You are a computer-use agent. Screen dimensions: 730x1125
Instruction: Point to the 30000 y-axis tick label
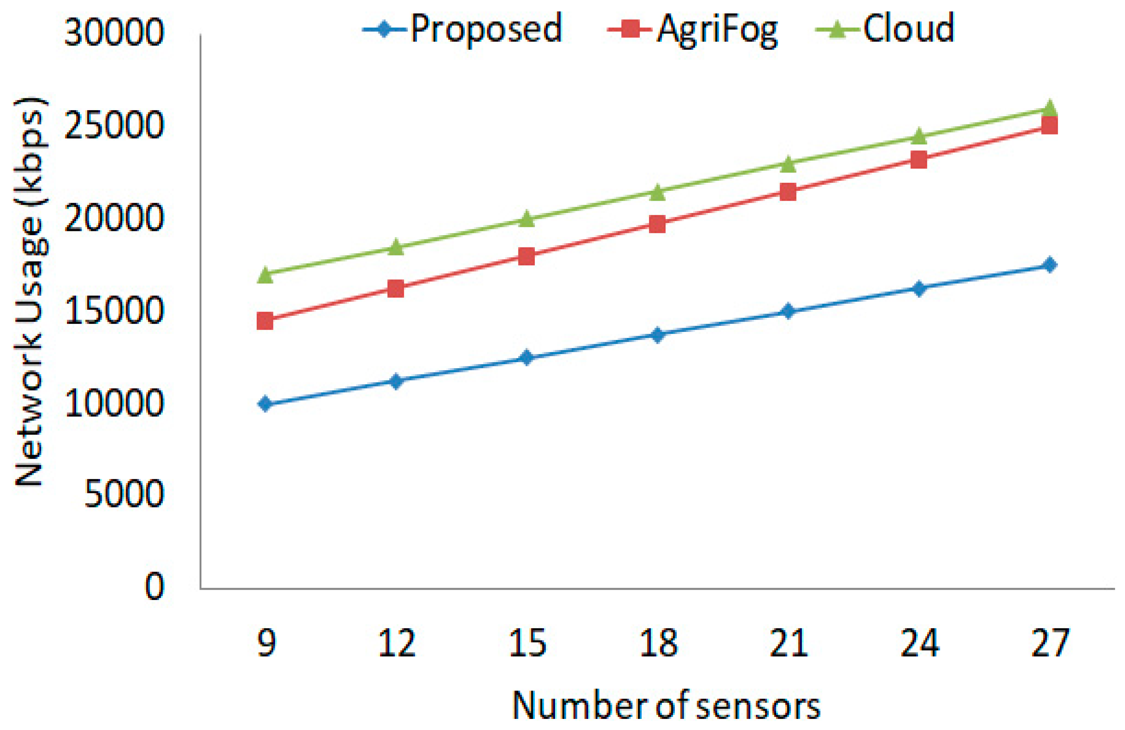pyautogui.click(x=114, y=33)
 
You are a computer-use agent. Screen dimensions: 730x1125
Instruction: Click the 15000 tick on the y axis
pyautogui.click(x=114, y=311)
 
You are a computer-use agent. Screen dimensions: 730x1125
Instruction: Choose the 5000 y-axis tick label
pyautogui.click(x=124, y=495)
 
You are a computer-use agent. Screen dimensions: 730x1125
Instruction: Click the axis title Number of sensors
pyautogui.click(x=666, y=706)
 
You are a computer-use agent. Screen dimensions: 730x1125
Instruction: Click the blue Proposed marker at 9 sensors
pyautogui.click(x=265, y=404)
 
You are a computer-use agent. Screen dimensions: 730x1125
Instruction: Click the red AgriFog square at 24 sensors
pyautogui.click(x=918, y=160)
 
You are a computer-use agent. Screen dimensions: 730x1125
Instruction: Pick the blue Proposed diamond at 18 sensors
pyautogui.click(x=657, y=335)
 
